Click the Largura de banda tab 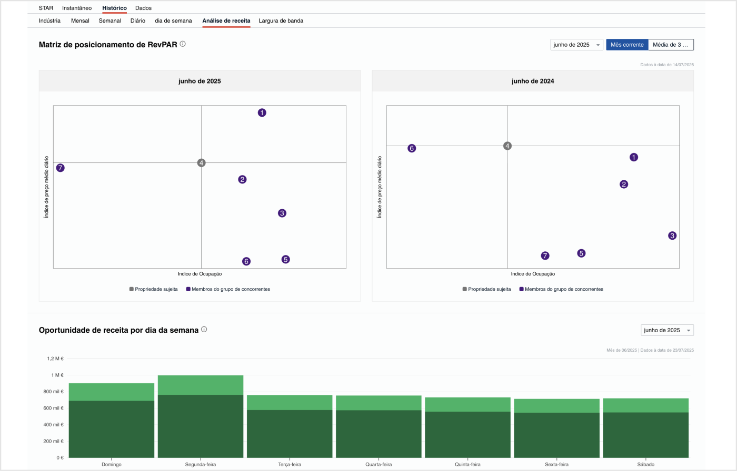(x=281, y=21)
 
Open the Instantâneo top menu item (x=77, y=8)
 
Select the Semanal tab (x=109, y=21)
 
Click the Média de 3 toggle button (x=670, y=45)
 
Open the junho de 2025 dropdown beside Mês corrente (x=576, y=45)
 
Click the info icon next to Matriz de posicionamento (x=183, y=44)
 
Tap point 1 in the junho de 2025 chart (x=262, y=112)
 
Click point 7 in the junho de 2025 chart (x=61, y=168)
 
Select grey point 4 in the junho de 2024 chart (x=507, y=146)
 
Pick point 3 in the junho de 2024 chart (x=672, y=236)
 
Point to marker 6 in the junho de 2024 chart (x=412, y=148)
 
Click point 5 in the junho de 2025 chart (x=285, y=259)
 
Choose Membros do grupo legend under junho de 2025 (x=230, y=289)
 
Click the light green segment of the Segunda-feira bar (x=201, y=385)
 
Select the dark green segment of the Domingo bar (x=112, y=428)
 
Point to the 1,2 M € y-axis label (x=55, y=359)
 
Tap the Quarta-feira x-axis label (x=379, y=465)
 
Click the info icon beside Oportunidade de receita (x=204, y=329)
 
